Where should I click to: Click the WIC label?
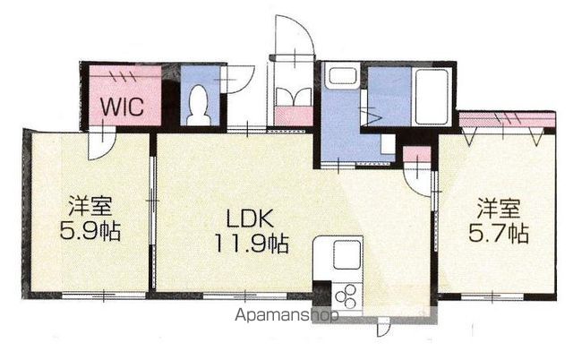pos(122,107)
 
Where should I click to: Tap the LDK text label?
pos(250,219)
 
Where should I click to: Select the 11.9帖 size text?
pos(252,244)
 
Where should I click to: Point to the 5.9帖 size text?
pos(90,231)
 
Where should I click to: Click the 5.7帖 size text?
pos(499,234)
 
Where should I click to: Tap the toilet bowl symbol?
pos(199,105)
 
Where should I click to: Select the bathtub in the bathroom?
pos(432,97)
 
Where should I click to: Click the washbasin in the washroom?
pos(342,75)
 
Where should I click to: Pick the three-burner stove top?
pos(346,296)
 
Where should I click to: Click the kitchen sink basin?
pos(347,254)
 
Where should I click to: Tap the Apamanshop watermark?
pos(286,314)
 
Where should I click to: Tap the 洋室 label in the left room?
pos(90,206)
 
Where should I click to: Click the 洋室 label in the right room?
pos(499,209)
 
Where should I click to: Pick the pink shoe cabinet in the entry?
pos(294,116)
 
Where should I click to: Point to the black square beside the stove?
pos(322,291)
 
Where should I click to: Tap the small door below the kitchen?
pos(382,327)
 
